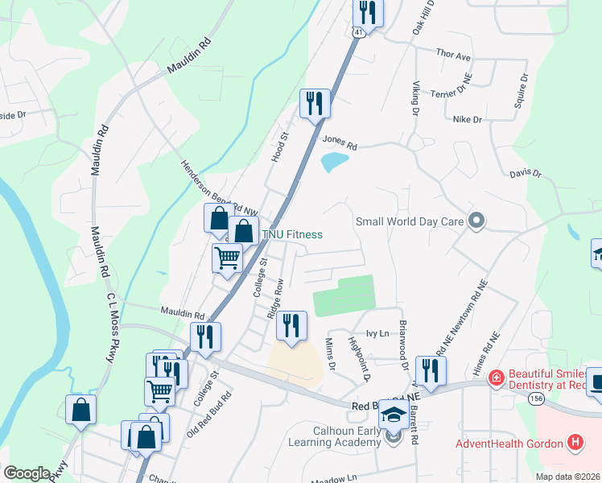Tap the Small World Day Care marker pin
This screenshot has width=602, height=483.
point(476,220)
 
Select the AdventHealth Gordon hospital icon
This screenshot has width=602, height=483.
point(575,442)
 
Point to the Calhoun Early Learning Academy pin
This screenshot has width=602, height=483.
point(393,437)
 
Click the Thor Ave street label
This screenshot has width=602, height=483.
point(452,56)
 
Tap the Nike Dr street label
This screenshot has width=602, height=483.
point(467,119)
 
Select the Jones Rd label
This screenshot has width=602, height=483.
point(340,142)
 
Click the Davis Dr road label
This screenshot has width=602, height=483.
point(526,173)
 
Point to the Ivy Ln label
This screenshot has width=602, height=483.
point(377,332)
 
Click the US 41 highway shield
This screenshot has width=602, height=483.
point(357,31)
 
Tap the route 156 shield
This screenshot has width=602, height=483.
point(536,398)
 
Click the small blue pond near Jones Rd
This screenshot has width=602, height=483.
point(334,162)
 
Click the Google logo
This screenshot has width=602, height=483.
point(27,473)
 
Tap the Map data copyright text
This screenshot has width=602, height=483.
point(568,477)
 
